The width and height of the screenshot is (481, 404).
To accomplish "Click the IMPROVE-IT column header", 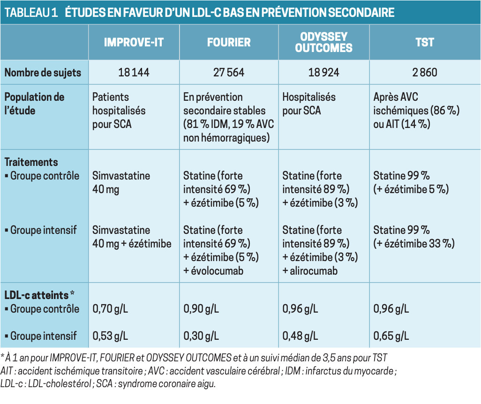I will (x=134, y=42).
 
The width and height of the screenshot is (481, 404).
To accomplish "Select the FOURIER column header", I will (x=229, y=42).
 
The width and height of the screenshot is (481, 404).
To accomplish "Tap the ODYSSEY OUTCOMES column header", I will (x=323, y=42).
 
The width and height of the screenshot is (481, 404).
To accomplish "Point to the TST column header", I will (x=425, y=42).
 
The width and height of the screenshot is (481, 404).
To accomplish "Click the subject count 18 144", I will (x=134, y=73).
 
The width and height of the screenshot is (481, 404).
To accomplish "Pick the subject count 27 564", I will (x=229, y=73).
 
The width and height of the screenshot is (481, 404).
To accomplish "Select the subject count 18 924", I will (x=323, y=73).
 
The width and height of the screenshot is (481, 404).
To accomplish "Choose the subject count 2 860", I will (x=425, y=73).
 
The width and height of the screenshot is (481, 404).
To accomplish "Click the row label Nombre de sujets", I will (x=43, y=73).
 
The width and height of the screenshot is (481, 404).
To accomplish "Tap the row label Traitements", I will (x=31, y=162).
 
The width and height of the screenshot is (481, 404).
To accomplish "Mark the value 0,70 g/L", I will (x=110, y=309).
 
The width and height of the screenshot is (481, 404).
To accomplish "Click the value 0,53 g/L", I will (x=110, y=336).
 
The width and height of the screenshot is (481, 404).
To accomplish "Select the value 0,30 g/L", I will (x=201, y=336).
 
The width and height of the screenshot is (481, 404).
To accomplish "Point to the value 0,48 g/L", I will (x=301, y=336).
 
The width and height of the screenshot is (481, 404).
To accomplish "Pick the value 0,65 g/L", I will (x=391, y=336).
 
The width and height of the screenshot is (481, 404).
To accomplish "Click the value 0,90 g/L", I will (x=201, y=309).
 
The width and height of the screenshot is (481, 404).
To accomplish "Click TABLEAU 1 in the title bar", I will (x=31, y=13).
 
